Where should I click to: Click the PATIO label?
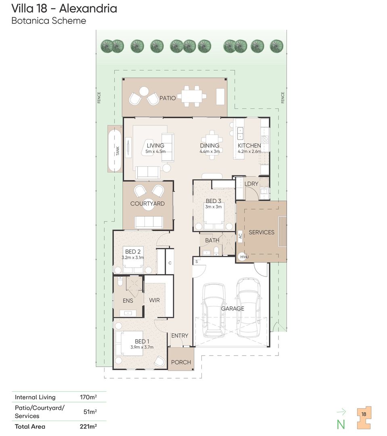coord(167,98)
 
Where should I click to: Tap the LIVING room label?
coord(155,146)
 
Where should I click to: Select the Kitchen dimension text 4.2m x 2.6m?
coord(249,152)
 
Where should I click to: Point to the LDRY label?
coord(251,184)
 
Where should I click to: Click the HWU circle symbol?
coord(244,257)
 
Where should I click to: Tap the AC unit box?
coord(240,235)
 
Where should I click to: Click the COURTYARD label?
coord(147,204)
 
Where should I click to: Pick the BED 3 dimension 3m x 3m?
coord(214,207)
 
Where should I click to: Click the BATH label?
coord(212,241)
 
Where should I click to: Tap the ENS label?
coord(128,301)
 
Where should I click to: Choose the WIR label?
coord(155,300)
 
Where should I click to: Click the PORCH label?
coord(181,362)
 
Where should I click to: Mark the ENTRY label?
coord(180,336)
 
